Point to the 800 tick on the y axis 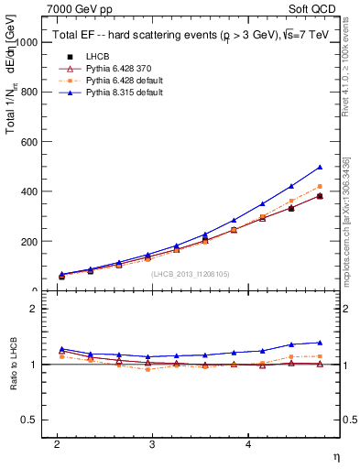point(29,93)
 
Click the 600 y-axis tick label point(29,142)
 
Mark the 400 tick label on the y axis point(29,191)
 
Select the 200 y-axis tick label point(29,242)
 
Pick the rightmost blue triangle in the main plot point(320,167)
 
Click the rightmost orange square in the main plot point(320,186)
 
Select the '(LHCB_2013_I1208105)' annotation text point(191,273)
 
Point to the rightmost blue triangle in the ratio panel point(320,342)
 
